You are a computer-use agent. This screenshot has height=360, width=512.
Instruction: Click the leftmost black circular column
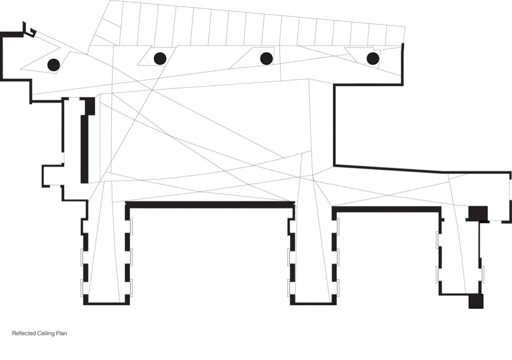pos(54,65)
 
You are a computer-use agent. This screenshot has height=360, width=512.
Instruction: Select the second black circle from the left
pos(160,58)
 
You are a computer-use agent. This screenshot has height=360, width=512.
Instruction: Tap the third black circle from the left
pos(266,59)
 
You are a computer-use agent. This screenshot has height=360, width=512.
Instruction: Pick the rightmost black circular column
pos(373,58)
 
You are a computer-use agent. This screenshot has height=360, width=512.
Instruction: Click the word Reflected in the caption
pos(23,333)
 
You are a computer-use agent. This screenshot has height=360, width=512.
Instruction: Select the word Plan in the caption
pos(62,333)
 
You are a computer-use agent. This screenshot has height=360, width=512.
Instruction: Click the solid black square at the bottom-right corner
pos(476,301)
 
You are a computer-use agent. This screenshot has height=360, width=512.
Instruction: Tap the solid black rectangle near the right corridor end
pos(478,213)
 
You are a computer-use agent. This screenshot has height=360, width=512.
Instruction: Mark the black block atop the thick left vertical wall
pos(90,105)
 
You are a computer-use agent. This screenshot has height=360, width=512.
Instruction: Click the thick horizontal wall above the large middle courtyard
pos(210,205)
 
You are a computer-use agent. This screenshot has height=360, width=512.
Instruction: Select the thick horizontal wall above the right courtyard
pos(387,209)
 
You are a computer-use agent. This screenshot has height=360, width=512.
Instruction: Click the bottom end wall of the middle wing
pos(313,304)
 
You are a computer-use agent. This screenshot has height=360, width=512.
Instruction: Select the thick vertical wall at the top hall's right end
pos(402,63)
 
